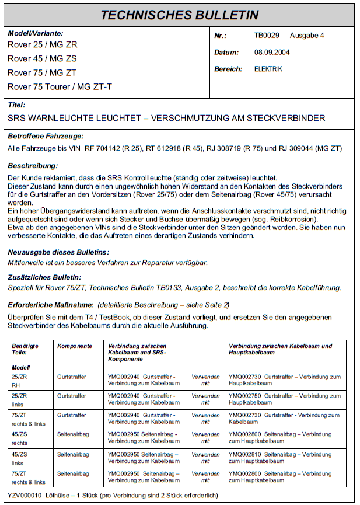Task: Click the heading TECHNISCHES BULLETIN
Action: click(x=179, y=15)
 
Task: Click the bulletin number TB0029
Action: click(x=267, y=36)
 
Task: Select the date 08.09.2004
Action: click(x=272, y=53)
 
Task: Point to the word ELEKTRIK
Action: click(x=268, y=69)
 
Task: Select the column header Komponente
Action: click(x=74, y=346)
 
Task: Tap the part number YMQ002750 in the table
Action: click(x=244, y=396)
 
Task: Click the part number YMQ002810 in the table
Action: click(x=244, y=454)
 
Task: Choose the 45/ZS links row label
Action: click(x=19, y=457)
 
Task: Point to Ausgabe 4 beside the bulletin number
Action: click(x=306, y=36)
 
